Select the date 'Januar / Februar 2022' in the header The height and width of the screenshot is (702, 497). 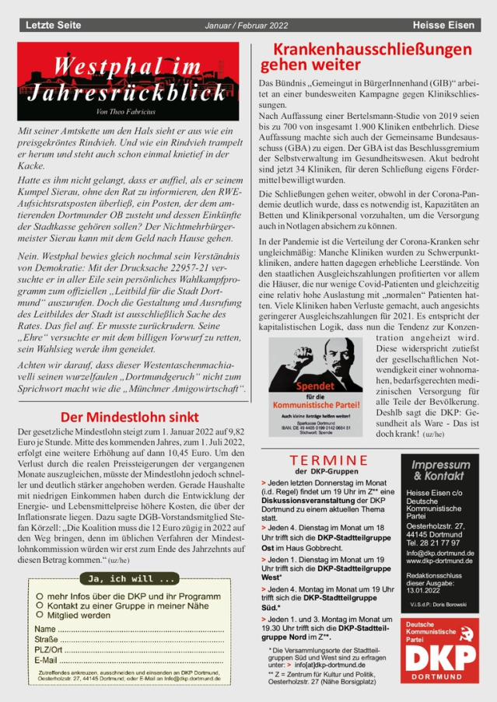(x=247, y=26)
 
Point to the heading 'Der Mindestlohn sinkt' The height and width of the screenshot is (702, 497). (x=131, y=417)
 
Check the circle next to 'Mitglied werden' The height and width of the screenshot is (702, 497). (x=39, y=614)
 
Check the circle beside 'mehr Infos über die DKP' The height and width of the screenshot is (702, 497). (x=39, y=594)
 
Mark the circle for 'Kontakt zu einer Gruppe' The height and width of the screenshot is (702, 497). (x=39, y=604)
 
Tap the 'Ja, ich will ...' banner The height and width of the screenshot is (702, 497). (x=130, y=579)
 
